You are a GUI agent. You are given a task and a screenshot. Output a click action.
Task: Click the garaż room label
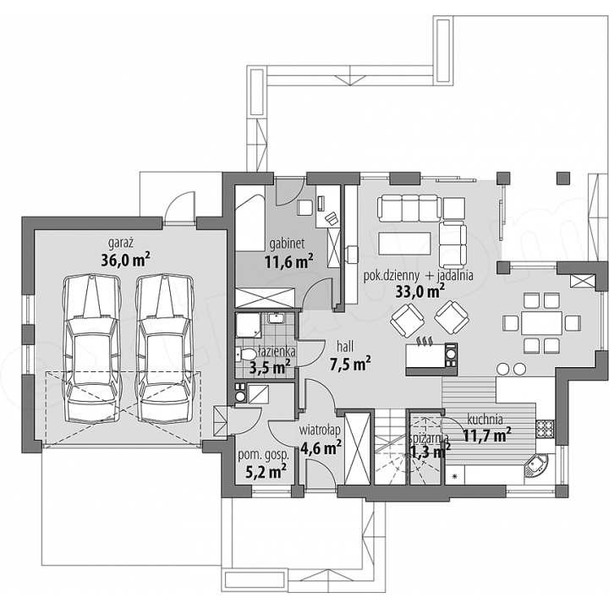(121, 244)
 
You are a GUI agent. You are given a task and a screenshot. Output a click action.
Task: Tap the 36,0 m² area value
(125, 260)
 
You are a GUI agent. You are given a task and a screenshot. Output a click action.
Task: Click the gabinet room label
(287, 244)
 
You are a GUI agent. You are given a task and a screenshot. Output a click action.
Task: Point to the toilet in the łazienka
(246, 354)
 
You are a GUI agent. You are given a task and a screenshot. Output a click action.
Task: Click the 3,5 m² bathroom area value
(270, 367)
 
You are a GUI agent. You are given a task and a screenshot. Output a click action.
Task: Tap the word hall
(345, 346)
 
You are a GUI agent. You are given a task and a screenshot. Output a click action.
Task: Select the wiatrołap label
(320, 431)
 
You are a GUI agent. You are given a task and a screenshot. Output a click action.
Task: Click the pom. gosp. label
(263, 456)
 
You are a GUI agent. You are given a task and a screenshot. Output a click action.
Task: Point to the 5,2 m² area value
(266, 471)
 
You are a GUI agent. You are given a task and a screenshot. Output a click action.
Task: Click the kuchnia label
(485, 420)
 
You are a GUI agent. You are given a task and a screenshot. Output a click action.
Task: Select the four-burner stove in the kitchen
(545, 429)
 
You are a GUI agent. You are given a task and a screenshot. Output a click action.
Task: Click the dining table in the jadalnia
(542, 323)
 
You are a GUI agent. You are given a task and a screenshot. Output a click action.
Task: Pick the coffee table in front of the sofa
(404, 244)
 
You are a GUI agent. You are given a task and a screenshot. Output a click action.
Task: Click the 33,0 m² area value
(420, 291)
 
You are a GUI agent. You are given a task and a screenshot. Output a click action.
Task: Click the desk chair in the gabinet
(304, 207)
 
